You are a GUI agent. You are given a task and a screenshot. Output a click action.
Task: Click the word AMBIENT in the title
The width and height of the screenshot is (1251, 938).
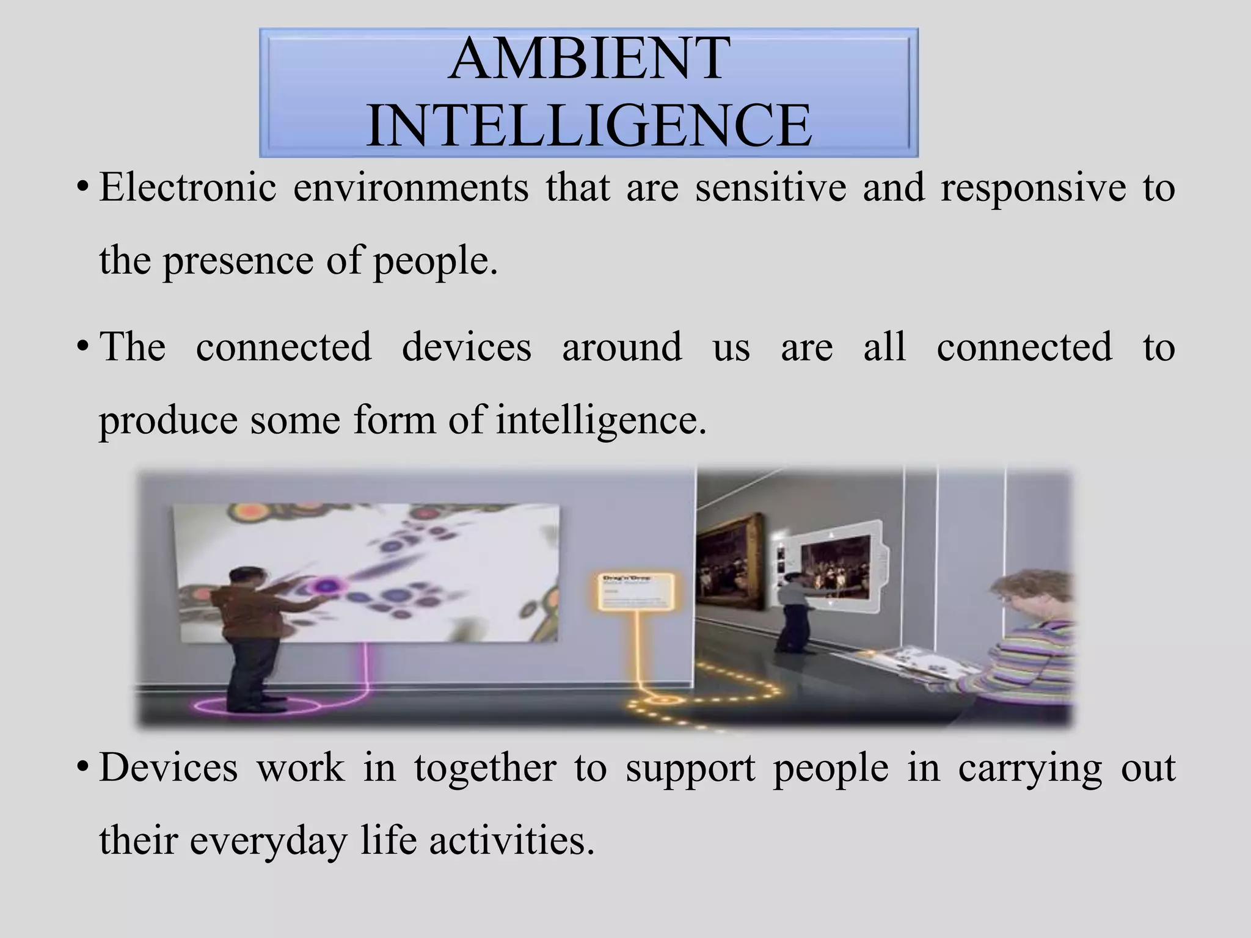coord(589,59)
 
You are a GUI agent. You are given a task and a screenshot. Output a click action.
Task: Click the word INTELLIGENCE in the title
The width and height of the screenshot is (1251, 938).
coord(589,126)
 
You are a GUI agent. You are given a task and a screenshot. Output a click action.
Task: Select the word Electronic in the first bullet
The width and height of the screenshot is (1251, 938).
coord(188,187)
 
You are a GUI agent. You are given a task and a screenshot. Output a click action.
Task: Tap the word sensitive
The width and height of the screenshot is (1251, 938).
coord(771,187)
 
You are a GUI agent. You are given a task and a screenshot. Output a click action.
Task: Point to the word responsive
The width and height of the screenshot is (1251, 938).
coord(1033,188)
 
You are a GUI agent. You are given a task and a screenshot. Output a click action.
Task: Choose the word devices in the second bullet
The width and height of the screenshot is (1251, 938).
coord(467,347)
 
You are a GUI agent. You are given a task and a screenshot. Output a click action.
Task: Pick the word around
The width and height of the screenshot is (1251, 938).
coord(621,347)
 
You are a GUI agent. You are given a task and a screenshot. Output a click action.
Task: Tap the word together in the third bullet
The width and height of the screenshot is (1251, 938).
coord(485,767)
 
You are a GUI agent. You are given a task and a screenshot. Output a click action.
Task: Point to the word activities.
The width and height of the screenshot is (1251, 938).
coord(511,840)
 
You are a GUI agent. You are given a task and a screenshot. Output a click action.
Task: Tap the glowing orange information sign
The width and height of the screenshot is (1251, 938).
coord(636,591)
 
